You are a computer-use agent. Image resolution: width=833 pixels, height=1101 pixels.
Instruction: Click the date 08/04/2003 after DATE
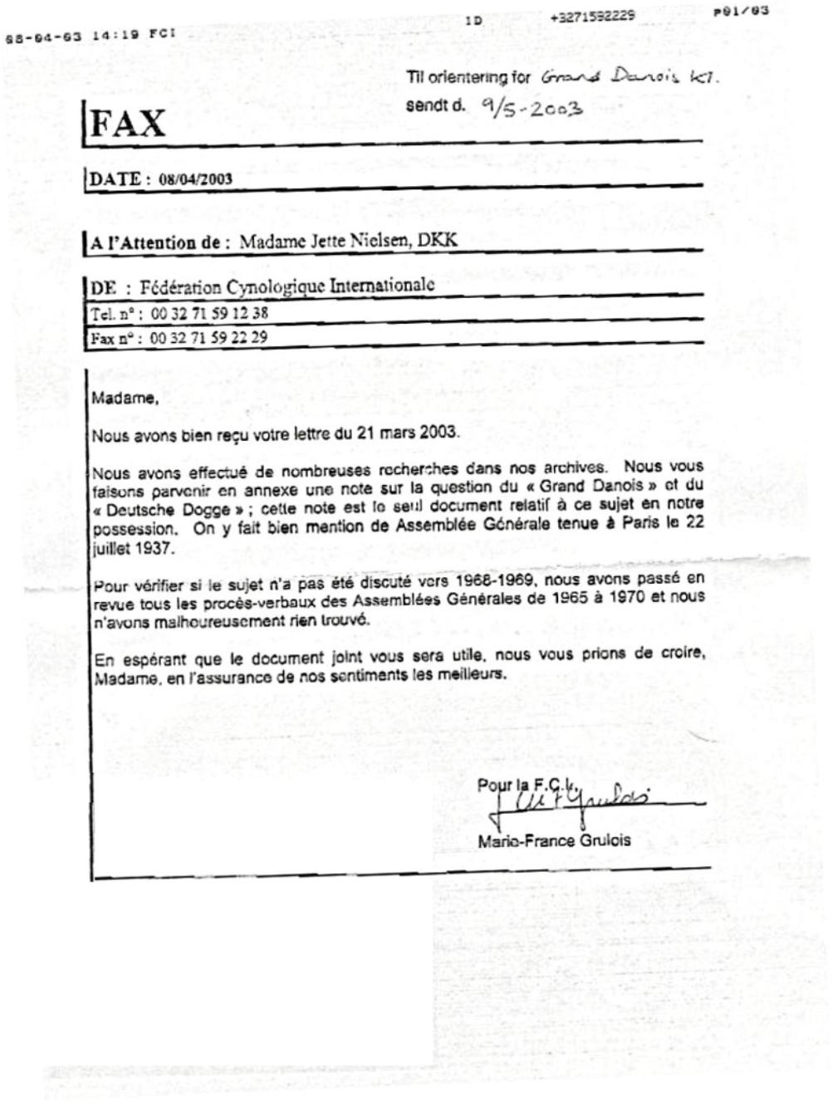click(x=195, y=179)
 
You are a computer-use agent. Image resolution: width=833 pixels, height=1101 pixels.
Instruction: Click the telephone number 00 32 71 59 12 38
click(x=209, y=314)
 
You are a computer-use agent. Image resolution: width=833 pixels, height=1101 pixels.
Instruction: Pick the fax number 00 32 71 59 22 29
click(x=208, y=338)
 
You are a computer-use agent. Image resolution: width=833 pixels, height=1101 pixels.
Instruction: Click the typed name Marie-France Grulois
click(x=554, y=840)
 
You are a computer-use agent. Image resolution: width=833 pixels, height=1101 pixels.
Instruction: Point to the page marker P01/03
click(x=741, y=12)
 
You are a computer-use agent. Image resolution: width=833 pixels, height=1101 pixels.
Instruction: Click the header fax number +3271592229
click(x=593, y=16)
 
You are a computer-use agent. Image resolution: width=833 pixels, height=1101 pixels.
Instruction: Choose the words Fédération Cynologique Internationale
click(x=287, y=287)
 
